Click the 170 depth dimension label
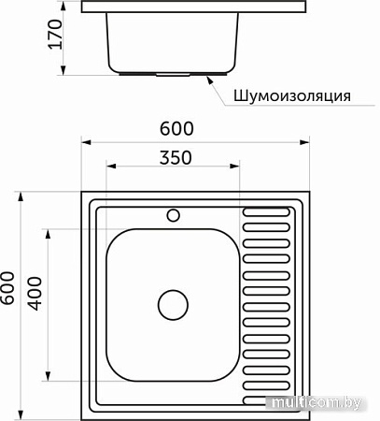(x=55, y=34)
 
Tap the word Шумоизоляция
(x=292, y=95)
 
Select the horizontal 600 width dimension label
(x=176, y=128)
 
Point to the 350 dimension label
(x=176, y=157)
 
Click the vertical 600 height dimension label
(x=7, y=288)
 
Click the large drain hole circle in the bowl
(x=173, y=305)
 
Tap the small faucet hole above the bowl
(x=173, y=215)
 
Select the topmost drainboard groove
(x=266, y=212)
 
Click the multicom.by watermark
(x=317, y=403)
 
